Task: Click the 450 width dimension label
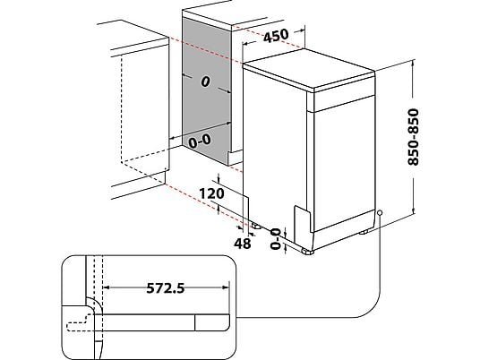[x=276, y=36]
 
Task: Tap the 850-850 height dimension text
[x=413, y=137]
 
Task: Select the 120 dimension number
[x=211, y=193]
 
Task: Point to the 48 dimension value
[x=243, y=244]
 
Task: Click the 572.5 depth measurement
[x=166, y=288]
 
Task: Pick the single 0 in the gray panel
[x=205, y=81]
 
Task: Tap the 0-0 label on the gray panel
[x=200, y=141]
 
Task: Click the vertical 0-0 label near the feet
[x=276, y=239]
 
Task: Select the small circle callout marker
[x=380, y=212]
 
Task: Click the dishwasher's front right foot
[x=307, y=252]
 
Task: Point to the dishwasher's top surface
[x=309, y=69]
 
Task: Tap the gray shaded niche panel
[x=206, y=91]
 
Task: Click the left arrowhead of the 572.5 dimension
[x=107, y=287]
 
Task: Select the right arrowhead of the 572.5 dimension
[x=226, y=287]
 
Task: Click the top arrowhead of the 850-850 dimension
[x=413, y=64]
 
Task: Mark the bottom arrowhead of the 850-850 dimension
[x=413, y=211]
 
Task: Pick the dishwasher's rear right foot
[x=364, y=232]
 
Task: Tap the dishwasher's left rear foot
[x=256, y=227]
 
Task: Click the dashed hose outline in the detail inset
[x=79, y=323]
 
